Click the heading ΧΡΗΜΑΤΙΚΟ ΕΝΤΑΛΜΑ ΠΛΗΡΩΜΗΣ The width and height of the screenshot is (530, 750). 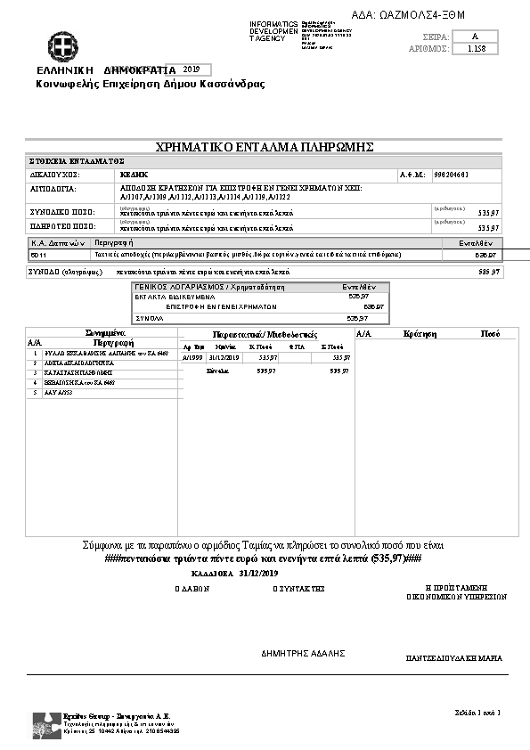click(264, 147)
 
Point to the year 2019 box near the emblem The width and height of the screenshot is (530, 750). click(191, 69)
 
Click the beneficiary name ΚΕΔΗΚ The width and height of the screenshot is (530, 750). click(134, 175)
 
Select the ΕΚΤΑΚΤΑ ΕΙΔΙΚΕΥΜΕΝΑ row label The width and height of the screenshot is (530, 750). click(167, 297)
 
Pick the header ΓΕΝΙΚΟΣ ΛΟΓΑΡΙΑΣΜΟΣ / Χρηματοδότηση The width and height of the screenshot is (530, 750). click(208, 288)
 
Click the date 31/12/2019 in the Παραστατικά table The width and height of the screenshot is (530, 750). click(225, 357)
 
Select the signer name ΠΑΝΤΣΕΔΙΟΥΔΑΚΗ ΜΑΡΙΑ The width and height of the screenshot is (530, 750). click(453, 659)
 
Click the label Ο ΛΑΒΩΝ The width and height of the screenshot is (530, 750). click(191, 589)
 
